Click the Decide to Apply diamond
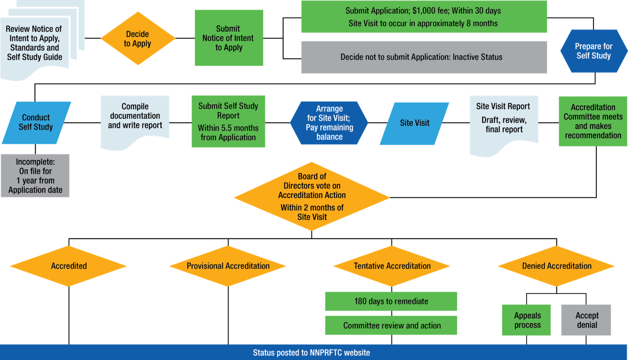(138, 39)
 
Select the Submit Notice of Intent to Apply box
(228, 38)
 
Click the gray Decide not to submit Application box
(424, 57)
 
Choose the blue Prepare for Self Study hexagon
(594, 51)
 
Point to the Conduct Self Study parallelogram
(36, 123)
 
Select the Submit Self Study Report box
(228, 122)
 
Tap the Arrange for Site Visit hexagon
(329, 123)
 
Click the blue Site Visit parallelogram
(415, 123)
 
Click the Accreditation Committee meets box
(593, 121)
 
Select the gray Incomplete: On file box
(35, 176)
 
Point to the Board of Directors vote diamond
(312, 197)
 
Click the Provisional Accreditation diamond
(228, 266)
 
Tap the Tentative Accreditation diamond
(392, 266)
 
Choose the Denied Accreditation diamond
(556, 266)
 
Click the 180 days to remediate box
(391, 301)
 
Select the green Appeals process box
(527, 320)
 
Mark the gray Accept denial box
(586, 320)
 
